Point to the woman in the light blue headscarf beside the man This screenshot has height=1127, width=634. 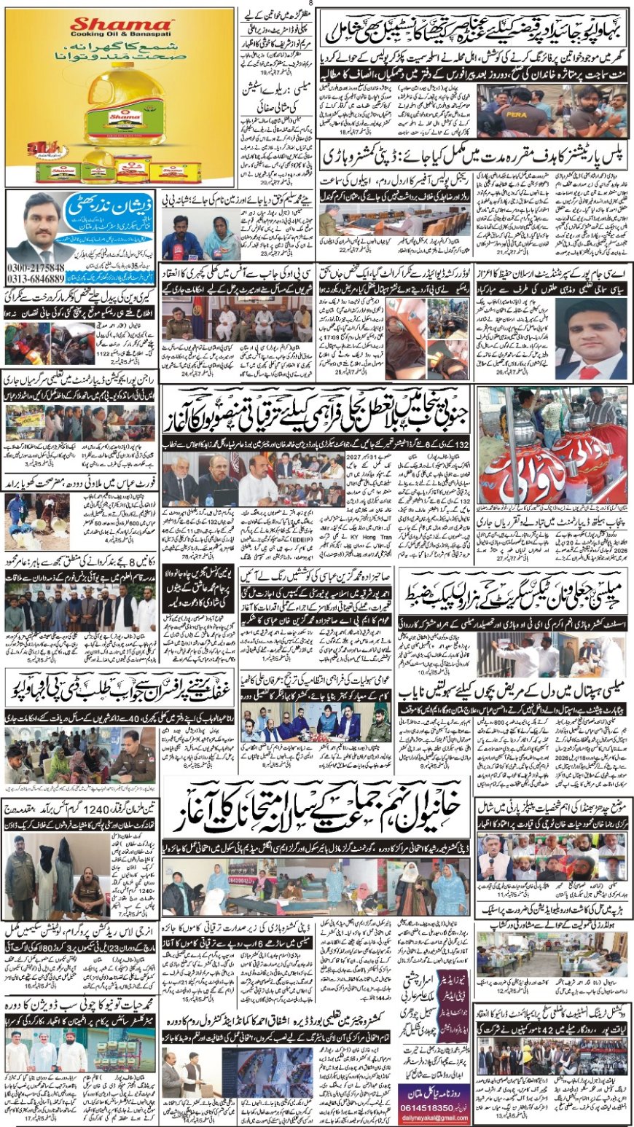pos(224,237)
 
